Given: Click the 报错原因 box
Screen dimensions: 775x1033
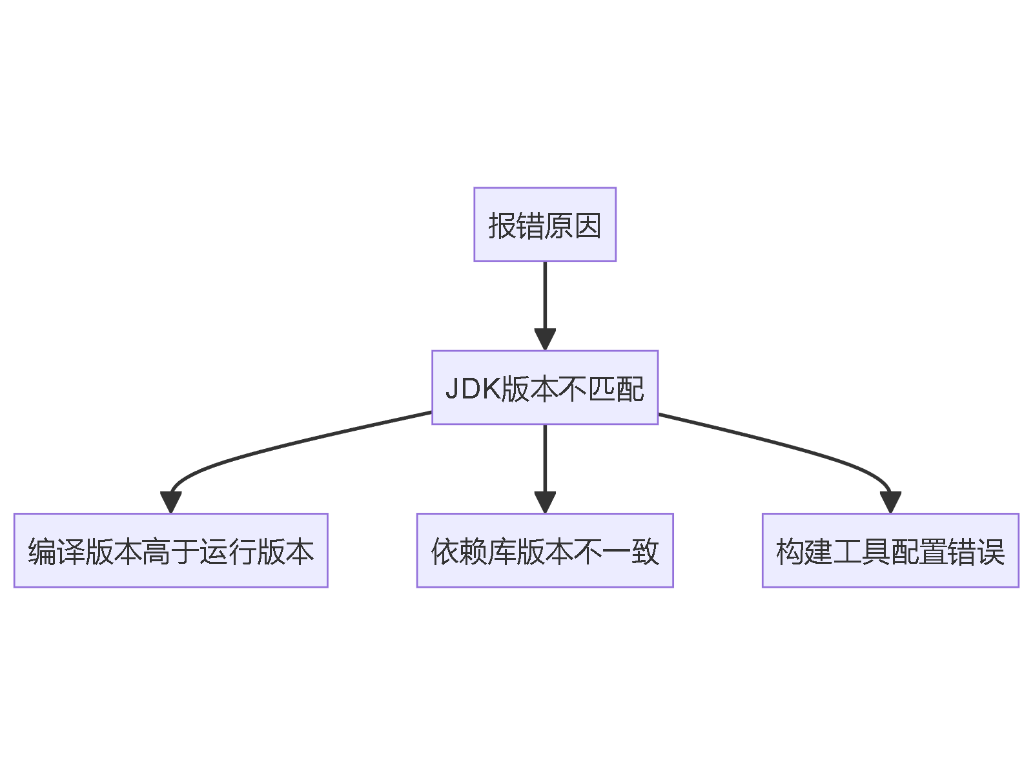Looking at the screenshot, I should [x=545, y=224].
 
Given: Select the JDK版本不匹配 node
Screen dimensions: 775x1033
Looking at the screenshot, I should [x=545, y=387].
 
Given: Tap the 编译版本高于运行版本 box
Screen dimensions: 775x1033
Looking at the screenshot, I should [x=170, y=550].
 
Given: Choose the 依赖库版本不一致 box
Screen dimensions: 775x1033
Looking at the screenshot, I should [x=545, y=550].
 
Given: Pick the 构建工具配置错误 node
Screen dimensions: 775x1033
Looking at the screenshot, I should [x=890, y=550].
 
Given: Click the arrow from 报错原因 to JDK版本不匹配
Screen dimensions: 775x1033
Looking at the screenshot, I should [x=545, y=297].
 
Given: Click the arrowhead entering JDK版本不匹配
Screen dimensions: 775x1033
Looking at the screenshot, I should [x=545, y=339].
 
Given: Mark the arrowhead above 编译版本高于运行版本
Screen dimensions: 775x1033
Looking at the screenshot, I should [x=170, y=502].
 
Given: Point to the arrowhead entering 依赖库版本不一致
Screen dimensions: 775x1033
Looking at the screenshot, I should [x=545, y=502].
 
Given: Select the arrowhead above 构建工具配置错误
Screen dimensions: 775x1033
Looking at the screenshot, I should [x=890, y=502].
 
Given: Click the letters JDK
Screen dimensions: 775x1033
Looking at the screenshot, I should [x=473, y=389].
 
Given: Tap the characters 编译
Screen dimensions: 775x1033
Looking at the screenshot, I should [x=56, y=552].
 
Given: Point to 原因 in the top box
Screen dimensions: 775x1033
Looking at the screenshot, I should [x=573, y=225].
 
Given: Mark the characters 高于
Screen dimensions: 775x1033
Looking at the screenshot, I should [x=170, y=552].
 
